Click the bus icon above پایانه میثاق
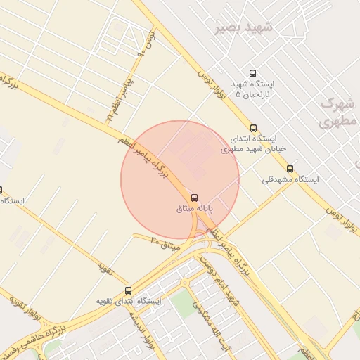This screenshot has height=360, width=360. coord(194,198)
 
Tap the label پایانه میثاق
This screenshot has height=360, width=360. coord(194,209)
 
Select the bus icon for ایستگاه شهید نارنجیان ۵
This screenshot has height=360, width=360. coord(253,73)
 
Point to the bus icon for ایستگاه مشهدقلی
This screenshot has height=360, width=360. coord(290,169)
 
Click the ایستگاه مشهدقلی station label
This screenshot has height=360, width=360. coord(290,180)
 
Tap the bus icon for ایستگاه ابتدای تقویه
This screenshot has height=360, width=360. coord(128,290)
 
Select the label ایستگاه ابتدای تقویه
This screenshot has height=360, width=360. coord(129,301)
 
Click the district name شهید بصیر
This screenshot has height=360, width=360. coord(243,27)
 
